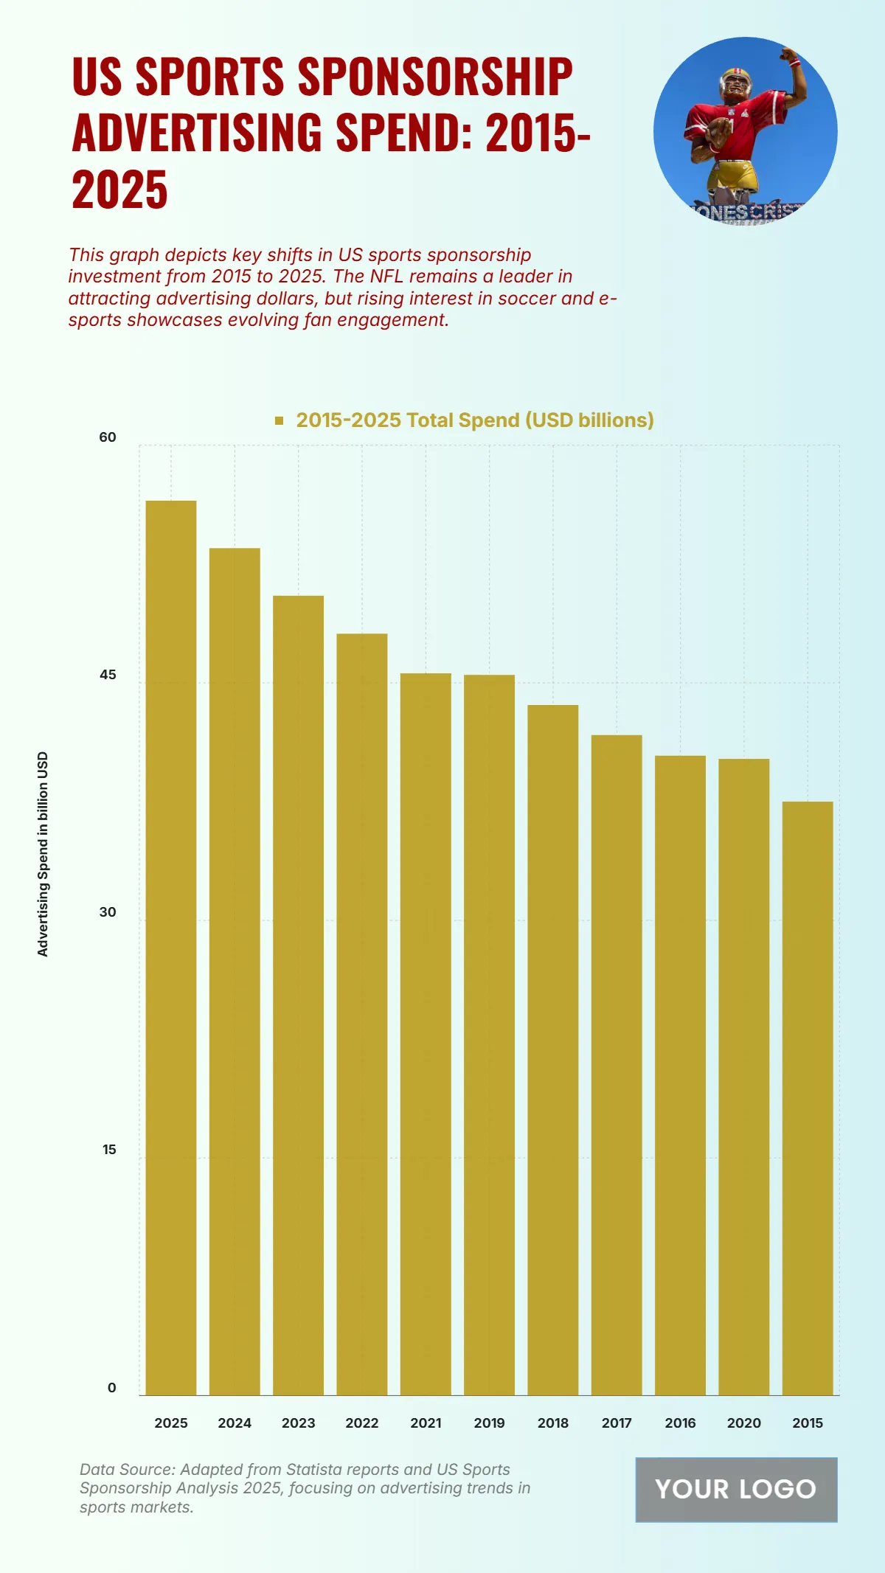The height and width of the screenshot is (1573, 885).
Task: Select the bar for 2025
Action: pyautogui.click(x=171, y=948)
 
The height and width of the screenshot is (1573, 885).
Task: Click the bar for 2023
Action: pyautogui.click(x=298, y=996)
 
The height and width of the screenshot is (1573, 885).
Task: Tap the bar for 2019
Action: pyautogui.click(x=489, y=1035)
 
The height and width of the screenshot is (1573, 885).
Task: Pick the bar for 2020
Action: pyautogui.click(x=743, y=1077)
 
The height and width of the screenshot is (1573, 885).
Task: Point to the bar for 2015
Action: pyautogui.click(x=808, y=1098)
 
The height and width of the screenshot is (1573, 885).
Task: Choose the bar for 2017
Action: pyautogui.click(x=617, y=1065)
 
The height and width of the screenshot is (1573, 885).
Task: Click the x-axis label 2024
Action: pyautogui.click(x=235, y=1423)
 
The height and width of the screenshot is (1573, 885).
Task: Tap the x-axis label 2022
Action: pyautogui.click(x=362, y=1423)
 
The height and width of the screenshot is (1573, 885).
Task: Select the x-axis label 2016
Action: pyautogui.click(x=680, y=1423)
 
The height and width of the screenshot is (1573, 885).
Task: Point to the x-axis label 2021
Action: pyautogui.click(x=426, y=1423)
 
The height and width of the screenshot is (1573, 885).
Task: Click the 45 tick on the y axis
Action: pyautogui.click(x=108, y=675)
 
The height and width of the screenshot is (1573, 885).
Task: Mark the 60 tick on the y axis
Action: pyautogui.click(x=108, y=437)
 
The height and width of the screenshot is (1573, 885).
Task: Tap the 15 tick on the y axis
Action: pyautogui.click(x=109, y=1150)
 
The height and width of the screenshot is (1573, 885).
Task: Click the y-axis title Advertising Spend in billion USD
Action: pyautogui.click(x=43, y=854)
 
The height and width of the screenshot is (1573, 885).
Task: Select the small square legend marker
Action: pyautogui.click(x=280, y=420)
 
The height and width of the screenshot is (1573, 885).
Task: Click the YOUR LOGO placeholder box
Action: pyautogui.click(x=736, y=1490)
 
